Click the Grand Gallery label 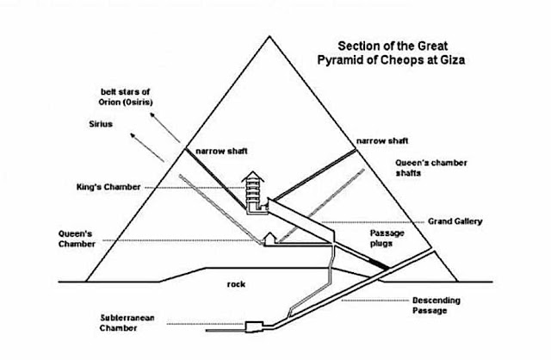[x=454, y=221]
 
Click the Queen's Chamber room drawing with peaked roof [x=269, y=240]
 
